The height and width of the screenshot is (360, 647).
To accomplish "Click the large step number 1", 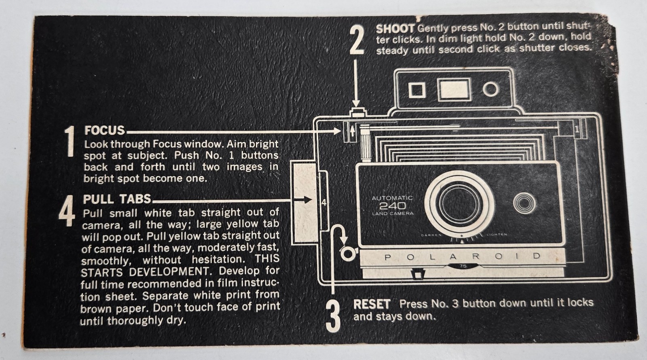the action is [x=70, y=141].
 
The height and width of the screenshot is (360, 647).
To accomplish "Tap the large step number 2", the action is [x=357, y=40].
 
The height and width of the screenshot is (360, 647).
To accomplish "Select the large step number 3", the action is [x=333, y=316].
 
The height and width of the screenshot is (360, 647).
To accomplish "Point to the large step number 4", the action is [x=67, y=211].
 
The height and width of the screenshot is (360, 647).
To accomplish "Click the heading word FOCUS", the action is [x=105, y=130].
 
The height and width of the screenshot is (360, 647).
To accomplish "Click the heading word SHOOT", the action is [x=395, y=29].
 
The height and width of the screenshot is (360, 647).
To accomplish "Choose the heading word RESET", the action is [x=372, y=304].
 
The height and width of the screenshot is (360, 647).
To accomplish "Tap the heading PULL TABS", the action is [x=117, y=199].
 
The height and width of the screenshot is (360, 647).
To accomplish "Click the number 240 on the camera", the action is [x=392, y=206].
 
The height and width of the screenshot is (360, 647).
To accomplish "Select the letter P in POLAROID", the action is [x=387, y=257].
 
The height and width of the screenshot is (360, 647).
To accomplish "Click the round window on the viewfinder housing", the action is [x=491, y=89].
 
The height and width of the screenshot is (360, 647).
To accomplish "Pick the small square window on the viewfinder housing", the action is [x=417, y=90].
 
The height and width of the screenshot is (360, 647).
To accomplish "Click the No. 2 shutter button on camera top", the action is [x=358, y=113].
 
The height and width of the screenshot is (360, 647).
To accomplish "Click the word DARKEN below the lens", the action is [x=431, y=235].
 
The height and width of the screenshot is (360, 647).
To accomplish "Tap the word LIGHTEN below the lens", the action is [x=497, y=234].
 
